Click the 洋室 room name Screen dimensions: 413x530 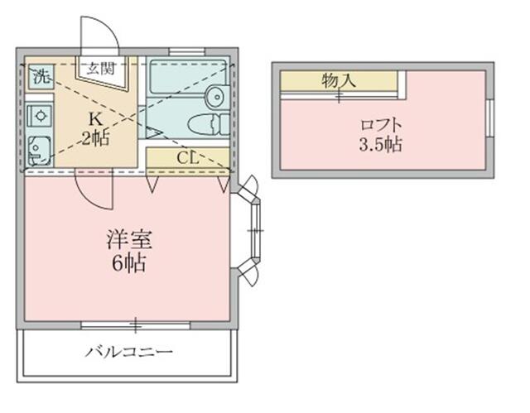(128, 240)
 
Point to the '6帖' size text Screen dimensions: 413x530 (128, 265)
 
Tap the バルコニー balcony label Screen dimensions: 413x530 (128, 353)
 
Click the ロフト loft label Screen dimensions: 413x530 (382, 125)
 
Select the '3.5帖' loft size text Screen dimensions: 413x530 (382, 146)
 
